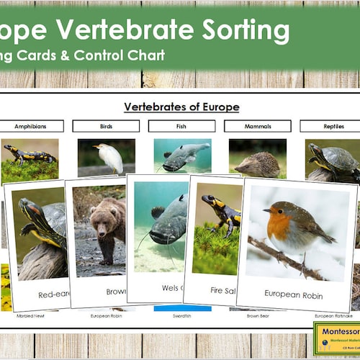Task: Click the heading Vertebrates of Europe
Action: (181, 107)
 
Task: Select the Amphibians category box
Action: (32, 126)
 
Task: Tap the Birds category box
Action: (107, 126)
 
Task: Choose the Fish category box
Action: (181, 126)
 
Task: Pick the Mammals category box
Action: (257, 126)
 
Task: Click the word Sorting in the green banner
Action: (237, 31)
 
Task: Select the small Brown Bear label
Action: (257, 315)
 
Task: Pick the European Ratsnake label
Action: (333, 315)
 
